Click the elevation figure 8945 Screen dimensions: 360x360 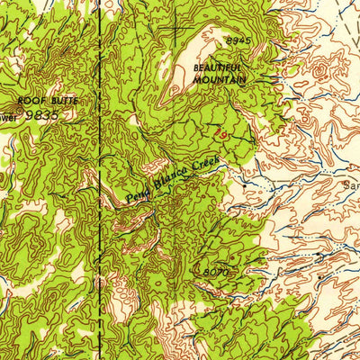[x=236, y=41]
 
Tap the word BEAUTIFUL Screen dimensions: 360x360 [x=221, y=67]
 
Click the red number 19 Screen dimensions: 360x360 [x=221, y=132]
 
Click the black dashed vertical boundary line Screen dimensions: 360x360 [x=99, y=180]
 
